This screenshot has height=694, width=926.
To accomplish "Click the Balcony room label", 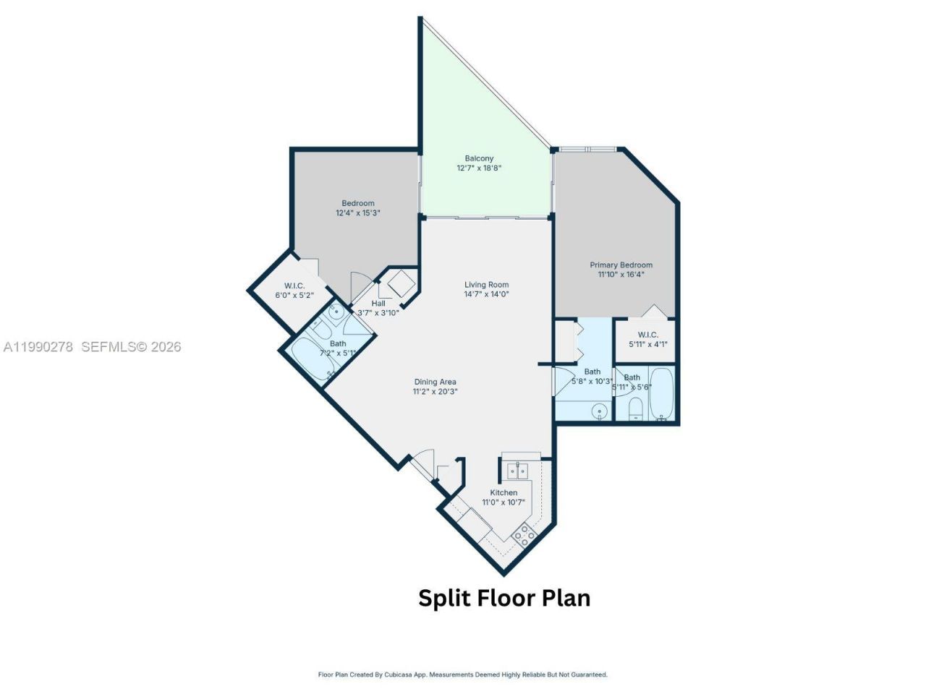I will click(x=479, y=158).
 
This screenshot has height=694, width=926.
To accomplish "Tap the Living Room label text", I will click(x=486, y=285).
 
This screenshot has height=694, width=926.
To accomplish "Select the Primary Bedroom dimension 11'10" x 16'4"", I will click(x=621, y=275).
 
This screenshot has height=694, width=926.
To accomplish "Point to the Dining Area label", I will click(x=435, y=382).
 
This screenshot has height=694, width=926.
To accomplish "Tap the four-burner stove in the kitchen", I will click(x=524, y=536).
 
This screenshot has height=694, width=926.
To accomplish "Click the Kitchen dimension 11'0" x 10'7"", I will click(x=504, y=502).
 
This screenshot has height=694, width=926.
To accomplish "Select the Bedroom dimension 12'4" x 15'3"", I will click(x=357, y=213).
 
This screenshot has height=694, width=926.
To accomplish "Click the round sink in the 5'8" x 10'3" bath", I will click(x=598, y=411).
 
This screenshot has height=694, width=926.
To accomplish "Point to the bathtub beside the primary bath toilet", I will click(x=661, y=394).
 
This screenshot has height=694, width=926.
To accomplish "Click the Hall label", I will click(x=378, y=304).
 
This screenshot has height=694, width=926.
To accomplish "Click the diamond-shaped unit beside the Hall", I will click(x=399, y=284).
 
